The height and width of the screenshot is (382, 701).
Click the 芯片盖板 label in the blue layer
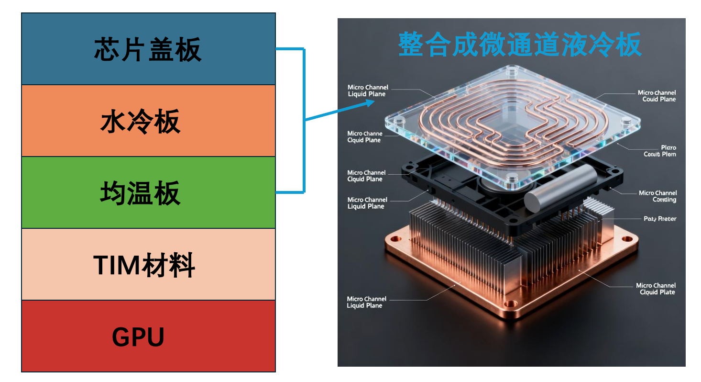click(148, 49)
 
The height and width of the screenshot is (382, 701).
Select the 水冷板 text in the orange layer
click(140, 122)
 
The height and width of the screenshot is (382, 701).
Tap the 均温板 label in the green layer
click(140, 193)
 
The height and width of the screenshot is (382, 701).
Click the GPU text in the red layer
click(138, 337)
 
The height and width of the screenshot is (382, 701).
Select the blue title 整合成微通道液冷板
click(519, 45)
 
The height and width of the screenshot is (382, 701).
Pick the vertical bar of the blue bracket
click(304, 120)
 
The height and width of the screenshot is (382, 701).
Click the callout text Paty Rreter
click(660, 219)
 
